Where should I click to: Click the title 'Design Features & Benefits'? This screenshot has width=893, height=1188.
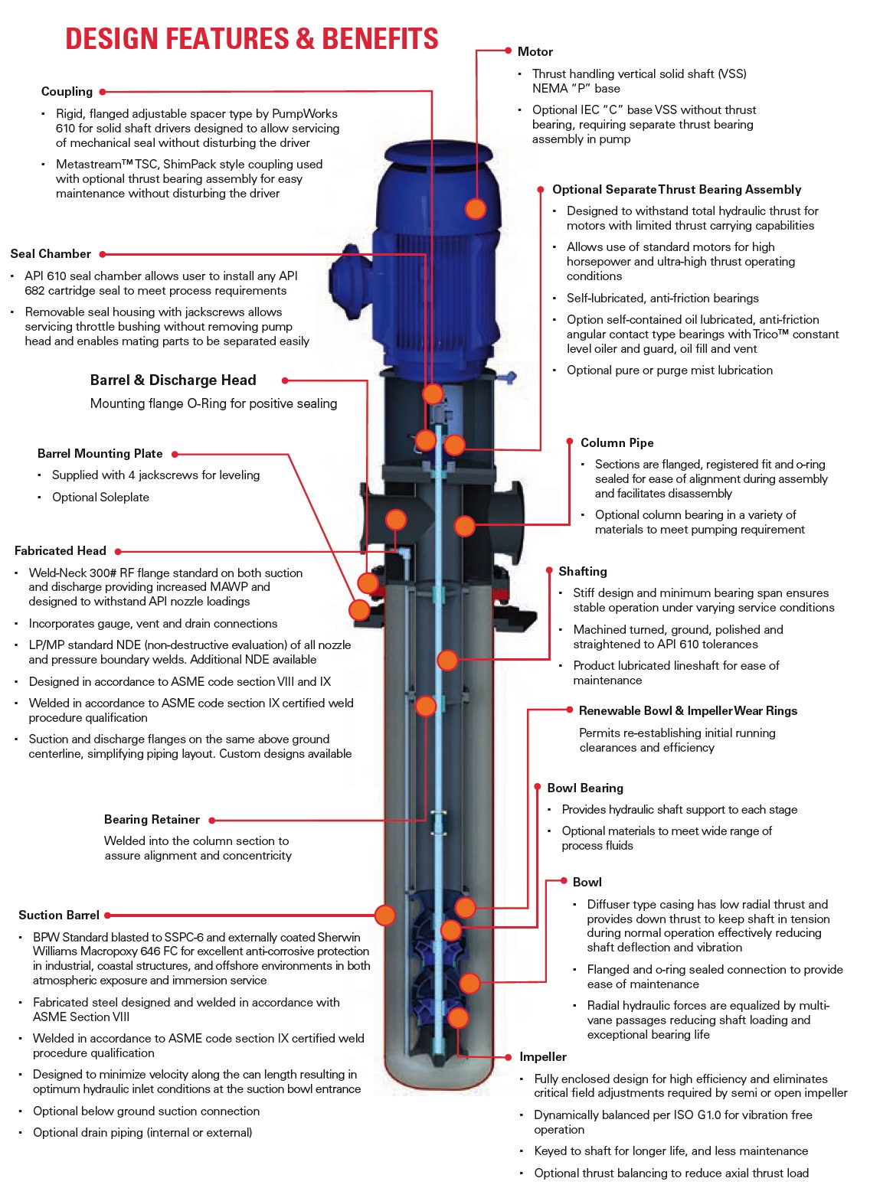pyautogui.click(x=251, y=38)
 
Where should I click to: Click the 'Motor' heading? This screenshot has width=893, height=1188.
pyautogui.click(x=535, y=51)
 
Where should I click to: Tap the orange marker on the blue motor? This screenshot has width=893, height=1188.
pyautogui.click(x=476, y=208)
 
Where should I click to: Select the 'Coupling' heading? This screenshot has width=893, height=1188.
pyautogui.click(x=67, y=91)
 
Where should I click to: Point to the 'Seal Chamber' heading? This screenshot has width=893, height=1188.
pyautogui.click(x=51, y=253)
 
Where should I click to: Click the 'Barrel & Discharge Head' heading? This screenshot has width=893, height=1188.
pyautogui.click(x=173, y=380)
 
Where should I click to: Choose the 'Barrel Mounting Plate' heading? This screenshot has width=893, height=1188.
pyautogui.click(x=100, y=453)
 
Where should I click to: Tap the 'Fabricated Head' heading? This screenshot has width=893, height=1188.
pyautogui.click(x=60, y=550)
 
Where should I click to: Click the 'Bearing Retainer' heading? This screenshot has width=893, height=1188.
pyautogui.click(x=152, y=819)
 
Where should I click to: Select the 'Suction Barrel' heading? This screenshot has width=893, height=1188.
pyautogui.click(x=59, y=915)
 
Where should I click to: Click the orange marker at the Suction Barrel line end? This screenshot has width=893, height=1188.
pyautogui.click(x=385, y=915)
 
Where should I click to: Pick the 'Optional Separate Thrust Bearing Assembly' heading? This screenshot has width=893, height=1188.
pyautogui.click(x=676, y=189)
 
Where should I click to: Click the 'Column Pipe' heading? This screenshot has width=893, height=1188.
pyautogui.click(x=617, y=442)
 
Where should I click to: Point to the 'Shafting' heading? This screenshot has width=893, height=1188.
pyautogui.click(x=582, y=571)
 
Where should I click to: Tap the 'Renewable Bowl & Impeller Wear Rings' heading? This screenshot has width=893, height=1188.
pyautogui.click(x=688, y=710)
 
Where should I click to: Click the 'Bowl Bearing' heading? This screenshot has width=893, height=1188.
pyautogui.click(x=585, y=788)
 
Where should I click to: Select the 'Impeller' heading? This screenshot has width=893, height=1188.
pyautogui.click(x=543, y=1056)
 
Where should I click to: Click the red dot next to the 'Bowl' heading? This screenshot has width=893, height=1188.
pyautogui.click(x=564, y=881)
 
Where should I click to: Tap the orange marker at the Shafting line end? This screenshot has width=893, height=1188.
pyautogui.click(x=447, y=660)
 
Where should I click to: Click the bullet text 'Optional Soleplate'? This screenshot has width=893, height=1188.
pyautogui.click(x=100, y=497)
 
